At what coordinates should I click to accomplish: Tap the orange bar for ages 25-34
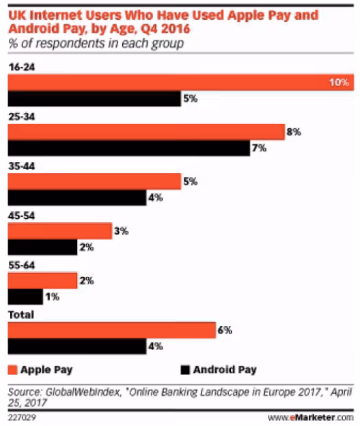pyautogui.click(x=146, y=131)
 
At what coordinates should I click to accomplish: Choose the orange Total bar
pyautogui.click(x=111, y=330)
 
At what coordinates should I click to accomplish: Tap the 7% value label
pyautogui.click(x=259, y=148)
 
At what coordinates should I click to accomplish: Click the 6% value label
pyautogui.click(x=225, y=330)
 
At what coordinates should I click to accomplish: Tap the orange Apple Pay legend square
pyautogui.click(x=14, y=370)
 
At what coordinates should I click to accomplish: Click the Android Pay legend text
pyautogui.click(x=225, y=370)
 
